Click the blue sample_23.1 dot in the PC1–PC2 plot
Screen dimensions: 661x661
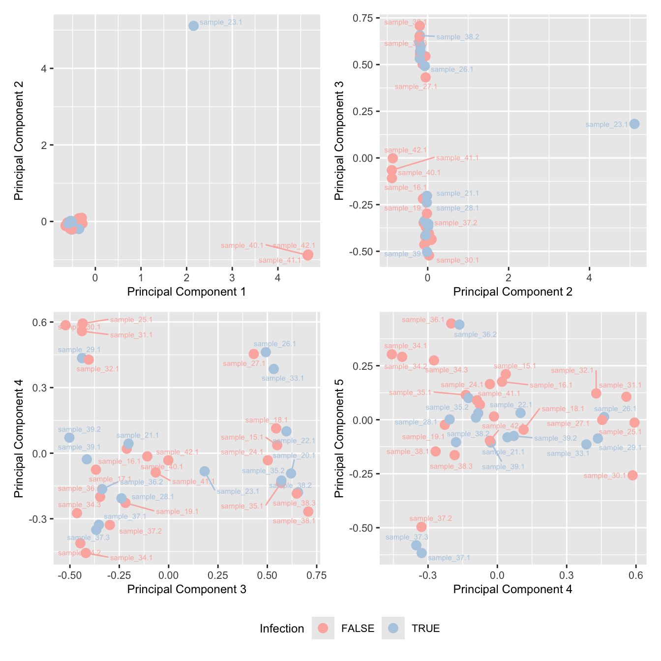(193, 26)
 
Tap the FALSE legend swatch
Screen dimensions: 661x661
(323, 628)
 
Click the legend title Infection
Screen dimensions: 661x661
(282, 629)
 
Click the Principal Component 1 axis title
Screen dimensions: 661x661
(186, 292)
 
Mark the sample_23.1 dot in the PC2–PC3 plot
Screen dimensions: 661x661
(634, 123)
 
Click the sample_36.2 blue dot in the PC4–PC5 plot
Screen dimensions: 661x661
(459, 325)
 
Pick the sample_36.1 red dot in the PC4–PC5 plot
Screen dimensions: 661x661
(451, 323)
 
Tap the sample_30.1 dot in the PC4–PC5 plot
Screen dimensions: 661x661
(632, 475)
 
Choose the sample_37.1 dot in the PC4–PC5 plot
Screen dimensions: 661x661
(421, 553)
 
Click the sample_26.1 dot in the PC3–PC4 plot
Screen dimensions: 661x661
(266, 352)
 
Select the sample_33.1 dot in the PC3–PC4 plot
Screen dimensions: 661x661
(273, 369)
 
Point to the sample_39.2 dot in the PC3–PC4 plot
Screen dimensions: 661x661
(69, 438)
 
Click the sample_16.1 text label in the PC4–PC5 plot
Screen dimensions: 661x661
(551, 386)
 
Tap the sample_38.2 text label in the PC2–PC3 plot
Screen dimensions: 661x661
(457, 37)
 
